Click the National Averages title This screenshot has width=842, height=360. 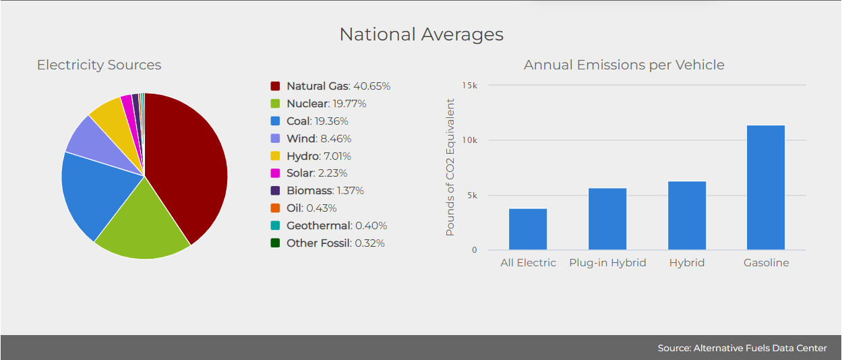click(x=421, y=34)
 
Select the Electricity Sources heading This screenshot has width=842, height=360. click(x=99, y=65)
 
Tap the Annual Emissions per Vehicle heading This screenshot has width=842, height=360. click(x=624, y=65)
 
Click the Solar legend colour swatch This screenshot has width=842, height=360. click(x=275, y=173)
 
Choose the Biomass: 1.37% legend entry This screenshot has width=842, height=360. click(x=325, y=191)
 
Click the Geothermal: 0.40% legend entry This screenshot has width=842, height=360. click(x=336, y=226)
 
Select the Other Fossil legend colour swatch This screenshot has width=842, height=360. click(x=275, y=243)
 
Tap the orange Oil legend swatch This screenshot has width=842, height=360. click(x=275, y=208)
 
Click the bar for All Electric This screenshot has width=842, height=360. click(x=528, y=229)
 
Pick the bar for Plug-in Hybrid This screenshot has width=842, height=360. click(x=607, y=219)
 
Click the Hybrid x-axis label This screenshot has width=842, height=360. click(x=687, y=263)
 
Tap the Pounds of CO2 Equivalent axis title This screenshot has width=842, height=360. click(x=450, y=167)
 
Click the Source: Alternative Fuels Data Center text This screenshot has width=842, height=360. click(x=742, y=348)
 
